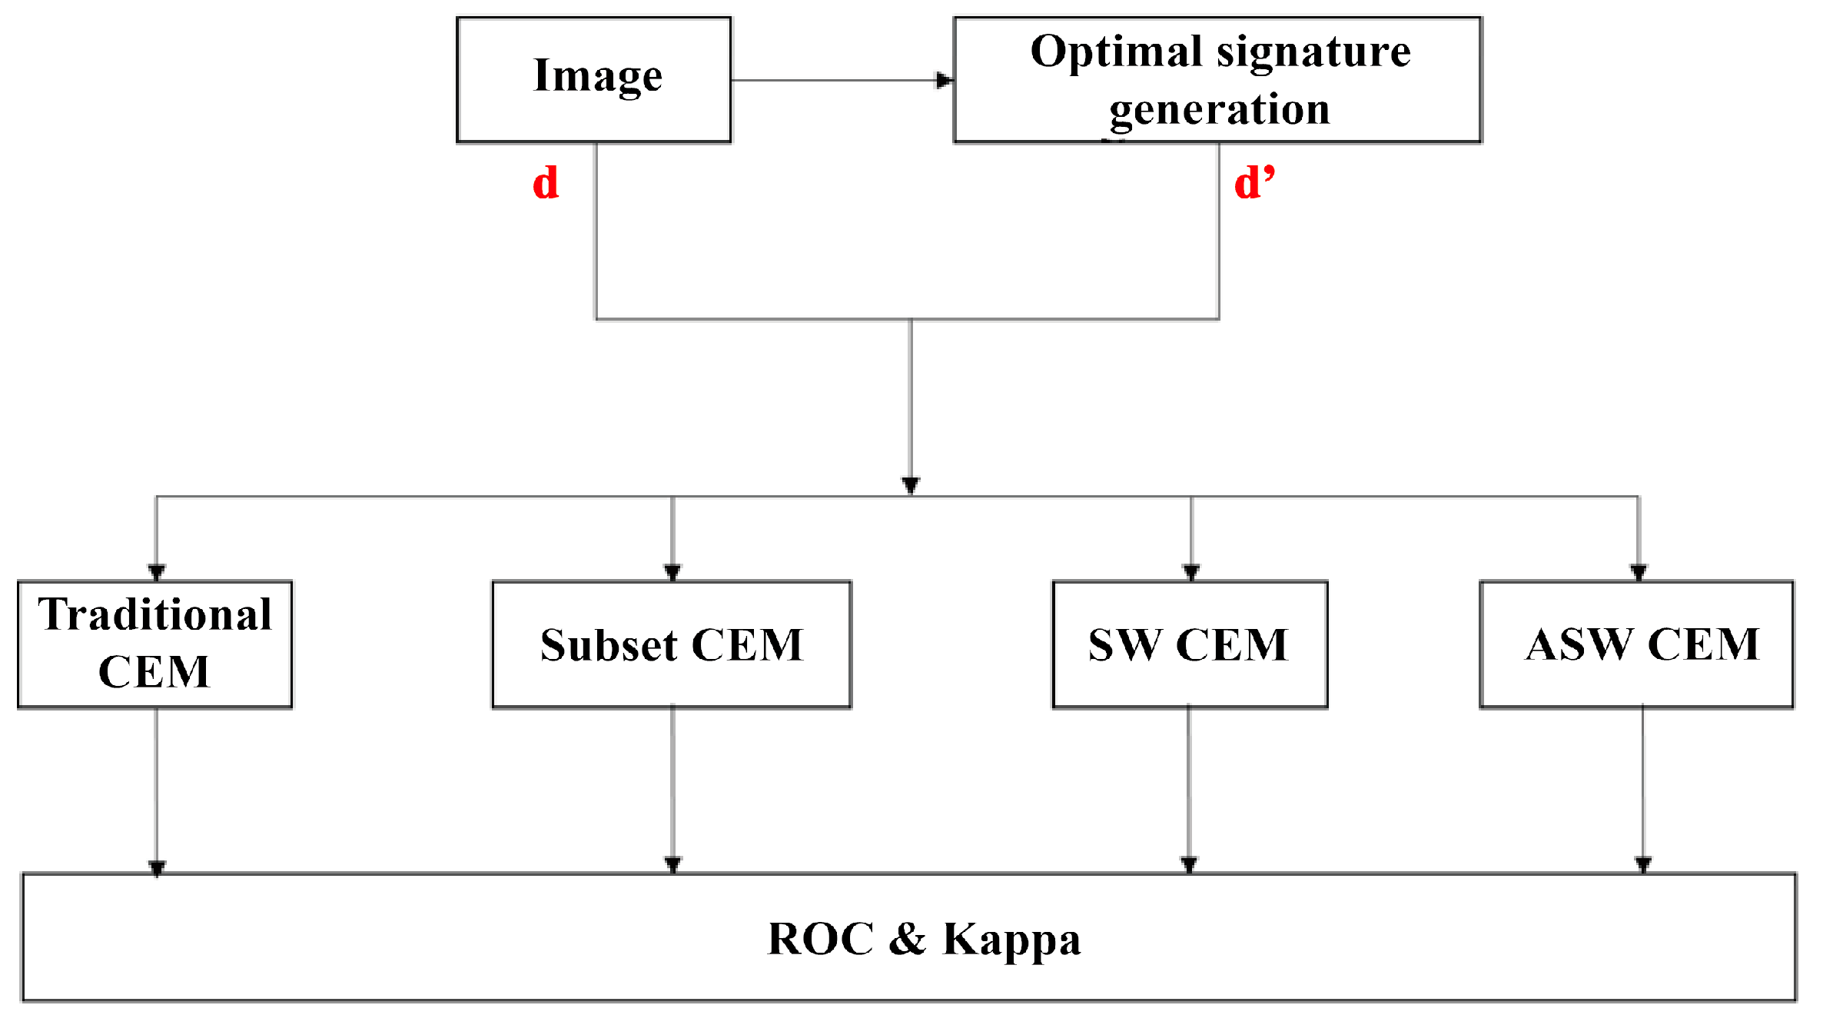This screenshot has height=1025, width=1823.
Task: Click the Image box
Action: tap(594, 79)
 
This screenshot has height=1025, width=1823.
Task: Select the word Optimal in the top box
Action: tap(1117, 52)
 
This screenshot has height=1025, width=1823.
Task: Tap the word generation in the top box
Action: tap(1220, 109)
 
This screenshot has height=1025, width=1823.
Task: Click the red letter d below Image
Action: tap(546, 183)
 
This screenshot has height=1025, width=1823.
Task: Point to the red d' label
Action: tap(1254, 183)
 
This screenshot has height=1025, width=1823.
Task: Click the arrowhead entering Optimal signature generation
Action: tap(944, 80)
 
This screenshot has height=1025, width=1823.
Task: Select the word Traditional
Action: tap(155, 614)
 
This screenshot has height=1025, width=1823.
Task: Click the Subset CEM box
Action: tap(672, 644)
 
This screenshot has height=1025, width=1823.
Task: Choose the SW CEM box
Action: tap(1189, 644)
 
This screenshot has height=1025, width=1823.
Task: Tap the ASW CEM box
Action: tap(1636, 644)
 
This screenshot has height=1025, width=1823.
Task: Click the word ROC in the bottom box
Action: tap(820, 939)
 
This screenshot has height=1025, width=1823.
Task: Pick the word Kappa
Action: tap(1011, 940)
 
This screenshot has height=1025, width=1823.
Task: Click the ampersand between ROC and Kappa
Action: tap(907, 939)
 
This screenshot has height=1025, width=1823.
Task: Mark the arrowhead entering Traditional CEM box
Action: tap(157, 572)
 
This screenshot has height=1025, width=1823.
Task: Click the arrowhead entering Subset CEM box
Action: tap(672, 572)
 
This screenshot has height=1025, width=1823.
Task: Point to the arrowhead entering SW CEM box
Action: tap(1191, 572)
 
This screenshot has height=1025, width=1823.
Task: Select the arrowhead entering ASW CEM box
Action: tap(1638, 572)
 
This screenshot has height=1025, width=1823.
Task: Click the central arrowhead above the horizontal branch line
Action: tap(911, 485)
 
